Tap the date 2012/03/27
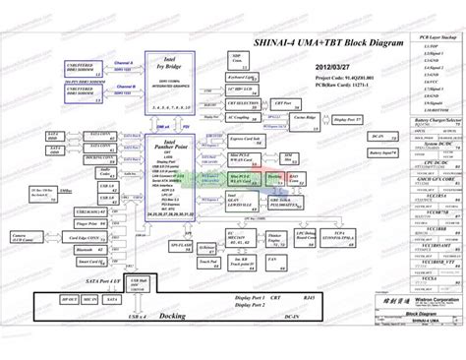331,68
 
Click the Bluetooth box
87,249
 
